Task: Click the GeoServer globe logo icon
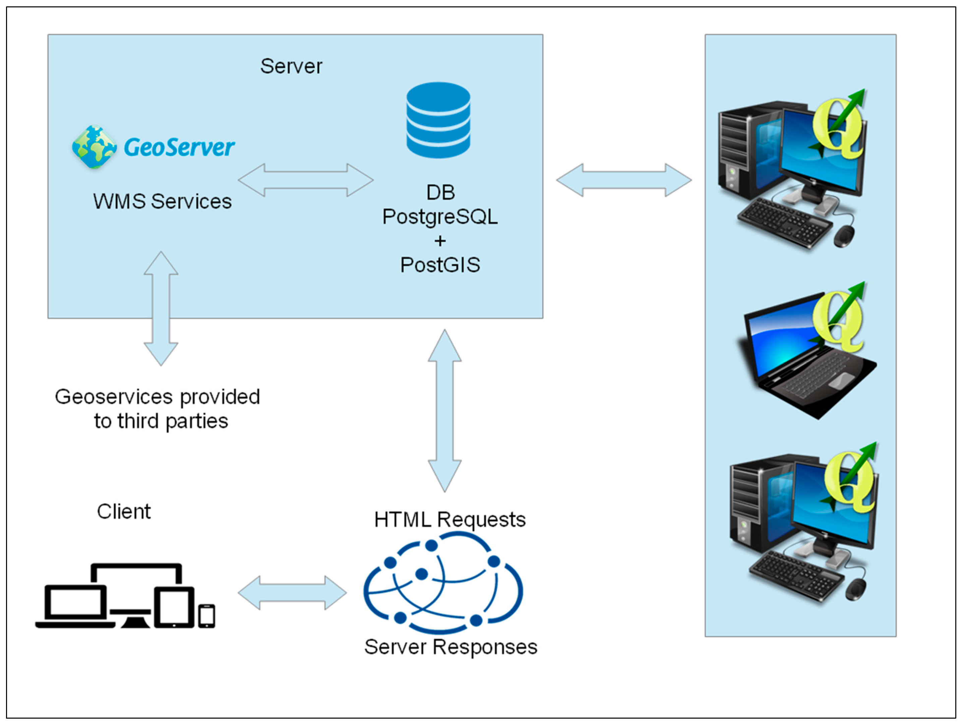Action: pos(94,147)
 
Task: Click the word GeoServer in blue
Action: pos(179,147)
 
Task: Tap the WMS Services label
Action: pos(162,201)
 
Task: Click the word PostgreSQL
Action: pos(440,217)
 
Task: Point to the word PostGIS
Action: pos(440,265)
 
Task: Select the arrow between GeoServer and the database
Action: pos(306,180)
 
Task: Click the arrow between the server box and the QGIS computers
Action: pos(623,180)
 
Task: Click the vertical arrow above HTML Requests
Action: pos(444,410)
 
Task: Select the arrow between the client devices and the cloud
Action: pos(292,593)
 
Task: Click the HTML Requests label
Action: pos(450,520)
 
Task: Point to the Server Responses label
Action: pos(450,647)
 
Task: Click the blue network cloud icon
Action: pos(443,583)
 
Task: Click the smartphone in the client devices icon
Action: pos(206,616)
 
